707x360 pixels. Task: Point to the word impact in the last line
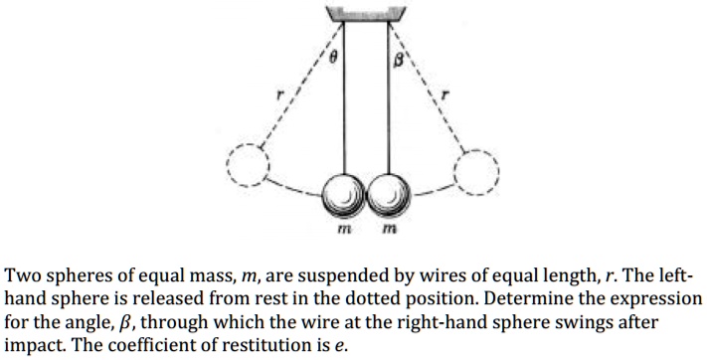tap(33, 343)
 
